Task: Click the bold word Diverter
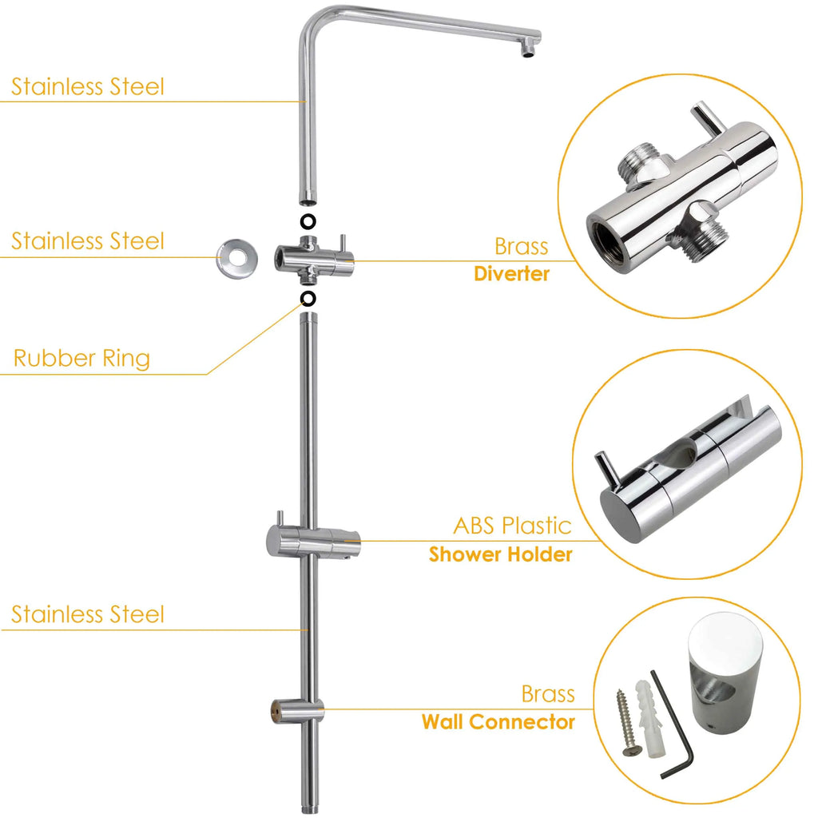pyautogui.click(x=511, y=274)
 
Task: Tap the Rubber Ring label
pyautogui.click(x=81, y=359)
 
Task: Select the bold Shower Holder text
pyautogui.click(x=500, y=554)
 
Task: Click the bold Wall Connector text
pyautogui.click(x=498, y=722)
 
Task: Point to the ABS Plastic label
pyautogui.click(x=512, y=526)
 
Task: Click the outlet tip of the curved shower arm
pyautogui.click(x=528, y=50)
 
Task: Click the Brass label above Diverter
pyautogui.click(x=521, y=245)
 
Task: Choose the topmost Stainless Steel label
pyautogui.click(x=88, y=86)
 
